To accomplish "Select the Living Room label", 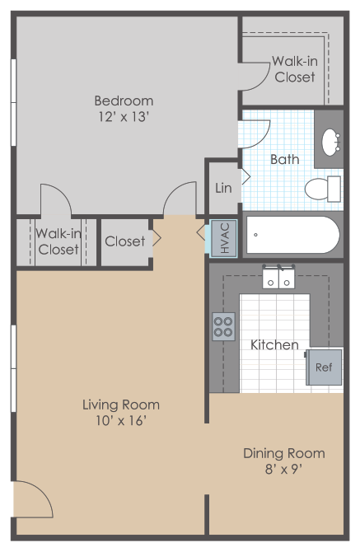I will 120,405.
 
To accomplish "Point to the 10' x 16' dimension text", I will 120,421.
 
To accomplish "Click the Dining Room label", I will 283,453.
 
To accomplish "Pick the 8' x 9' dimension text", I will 283,470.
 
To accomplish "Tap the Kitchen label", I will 274,344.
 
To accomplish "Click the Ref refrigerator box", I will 324,367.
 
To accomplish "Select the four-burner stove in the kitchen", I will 223,325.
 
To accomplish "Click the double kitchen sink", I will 278,278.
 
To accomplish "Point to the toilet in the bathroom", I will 321,189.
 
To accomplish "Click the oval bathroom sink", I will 332,141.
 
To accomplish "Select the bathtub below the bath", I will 292,235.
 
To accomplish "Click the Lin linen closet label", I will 223,188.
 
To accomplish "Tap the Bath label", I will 284,159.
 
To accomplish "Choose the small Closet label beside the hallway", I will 124,241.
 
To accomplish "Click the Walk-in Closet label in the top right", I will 295,69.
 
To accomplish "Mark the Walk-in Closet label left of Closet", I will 58,241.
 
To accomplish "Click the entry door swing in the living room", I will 31,507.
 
